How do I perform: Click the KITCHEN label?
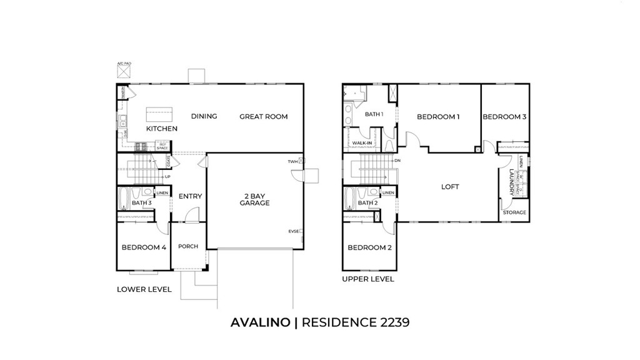[x=162, y=129]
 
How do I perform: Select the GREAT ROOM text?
[x=263, y=116]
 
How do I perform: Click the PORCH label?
[x=187, y=246]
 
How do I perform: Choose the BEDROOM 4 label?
[x=144, y=247]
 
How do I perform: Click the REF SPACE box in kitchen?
[x=162, y=146]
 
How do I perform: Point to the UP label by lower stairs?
[x=167, y=177]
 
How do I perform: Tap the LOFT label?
[x=450, y=187]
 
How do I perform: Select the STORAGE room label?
[x=515, y=212]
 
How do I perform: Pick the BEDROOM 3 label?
[x=504, y=117]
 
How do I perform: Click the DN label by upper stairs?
[x=397, y=161]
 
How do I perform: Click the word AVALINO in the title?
[x=260, y=322]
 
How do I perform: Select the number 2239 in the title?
[x=391, y=322]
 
